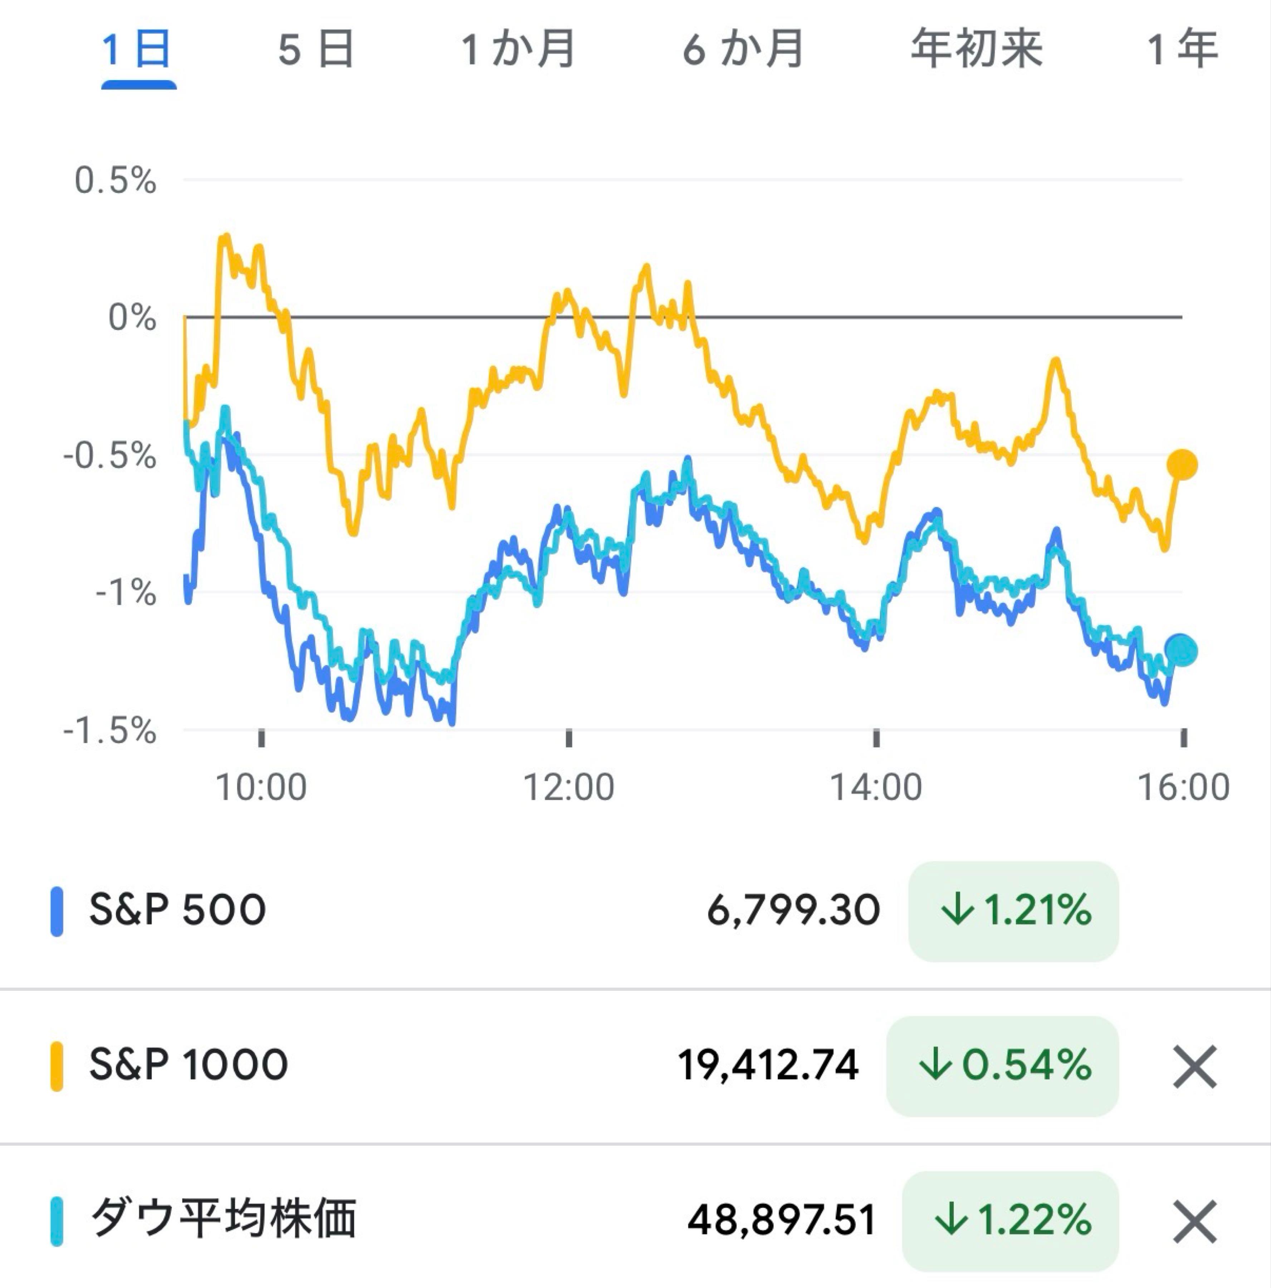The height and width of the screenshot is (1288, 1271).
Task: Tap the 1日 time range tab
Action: coord(138,50)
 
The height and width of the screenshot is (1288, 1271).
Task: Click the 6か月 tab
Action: coord(743,50)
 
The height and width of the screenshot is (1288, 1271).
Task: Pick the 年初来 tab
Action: coord(976,50)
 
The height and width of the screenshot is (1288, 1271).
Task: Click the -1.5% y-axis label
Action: coord(110,731)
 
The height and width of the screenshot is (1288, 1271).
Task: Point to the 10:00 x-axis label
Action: coord(261,787)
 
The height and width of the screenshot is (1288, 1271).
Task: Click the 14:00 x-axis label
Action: coord(876,787)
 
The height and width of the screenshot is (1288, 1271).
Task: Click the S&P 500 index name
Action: coord(177,910)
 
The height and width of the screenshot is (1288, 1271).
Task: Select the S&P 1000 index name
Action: coord(189,1065)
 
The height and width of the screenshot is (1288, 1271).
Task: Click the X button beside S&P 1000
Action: coord(1194,1067)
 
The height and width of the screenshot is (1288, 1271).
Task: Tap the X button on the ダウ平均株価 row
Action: coord(1194,1221)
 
